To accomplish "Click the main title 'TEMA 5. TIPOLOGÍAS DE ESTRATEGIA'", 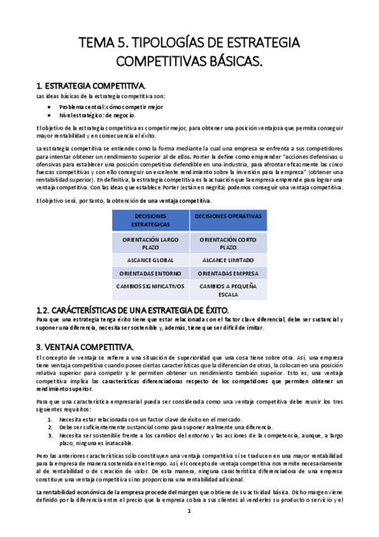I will tap(189, 43).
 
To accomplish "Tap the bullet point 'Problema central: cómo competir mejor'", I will tap(111, 107).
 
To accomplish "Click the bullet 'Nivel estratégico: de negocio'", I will tap(97, 115).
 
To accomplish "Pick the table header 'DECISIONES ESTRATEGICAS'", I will tap(151, 220).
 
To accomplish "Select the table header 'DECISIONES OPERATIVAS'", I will tap(228, 216).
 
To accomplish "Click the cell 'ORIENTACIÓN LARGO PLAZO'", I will tap(151, 244).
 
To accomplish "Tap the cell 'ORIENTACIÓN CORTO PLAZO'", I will tap(228, 244).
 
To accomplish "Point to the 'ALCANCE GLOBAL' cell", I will tap(151, 260).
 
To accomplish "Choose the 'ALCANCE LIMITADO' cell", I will tap(228, 260).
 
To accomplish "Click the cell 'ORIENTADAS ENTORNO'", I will tap(151, 274).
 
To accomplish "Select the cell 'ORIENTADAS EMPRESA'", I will tap(228, 274).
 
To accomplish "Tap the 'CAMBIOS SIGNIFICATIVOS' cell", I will tap(151, 286).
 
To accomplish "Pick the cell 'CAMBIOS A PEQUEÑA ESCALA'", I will tap(228, 290).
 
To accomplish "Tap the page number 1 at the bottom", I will tap(189, 511).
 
